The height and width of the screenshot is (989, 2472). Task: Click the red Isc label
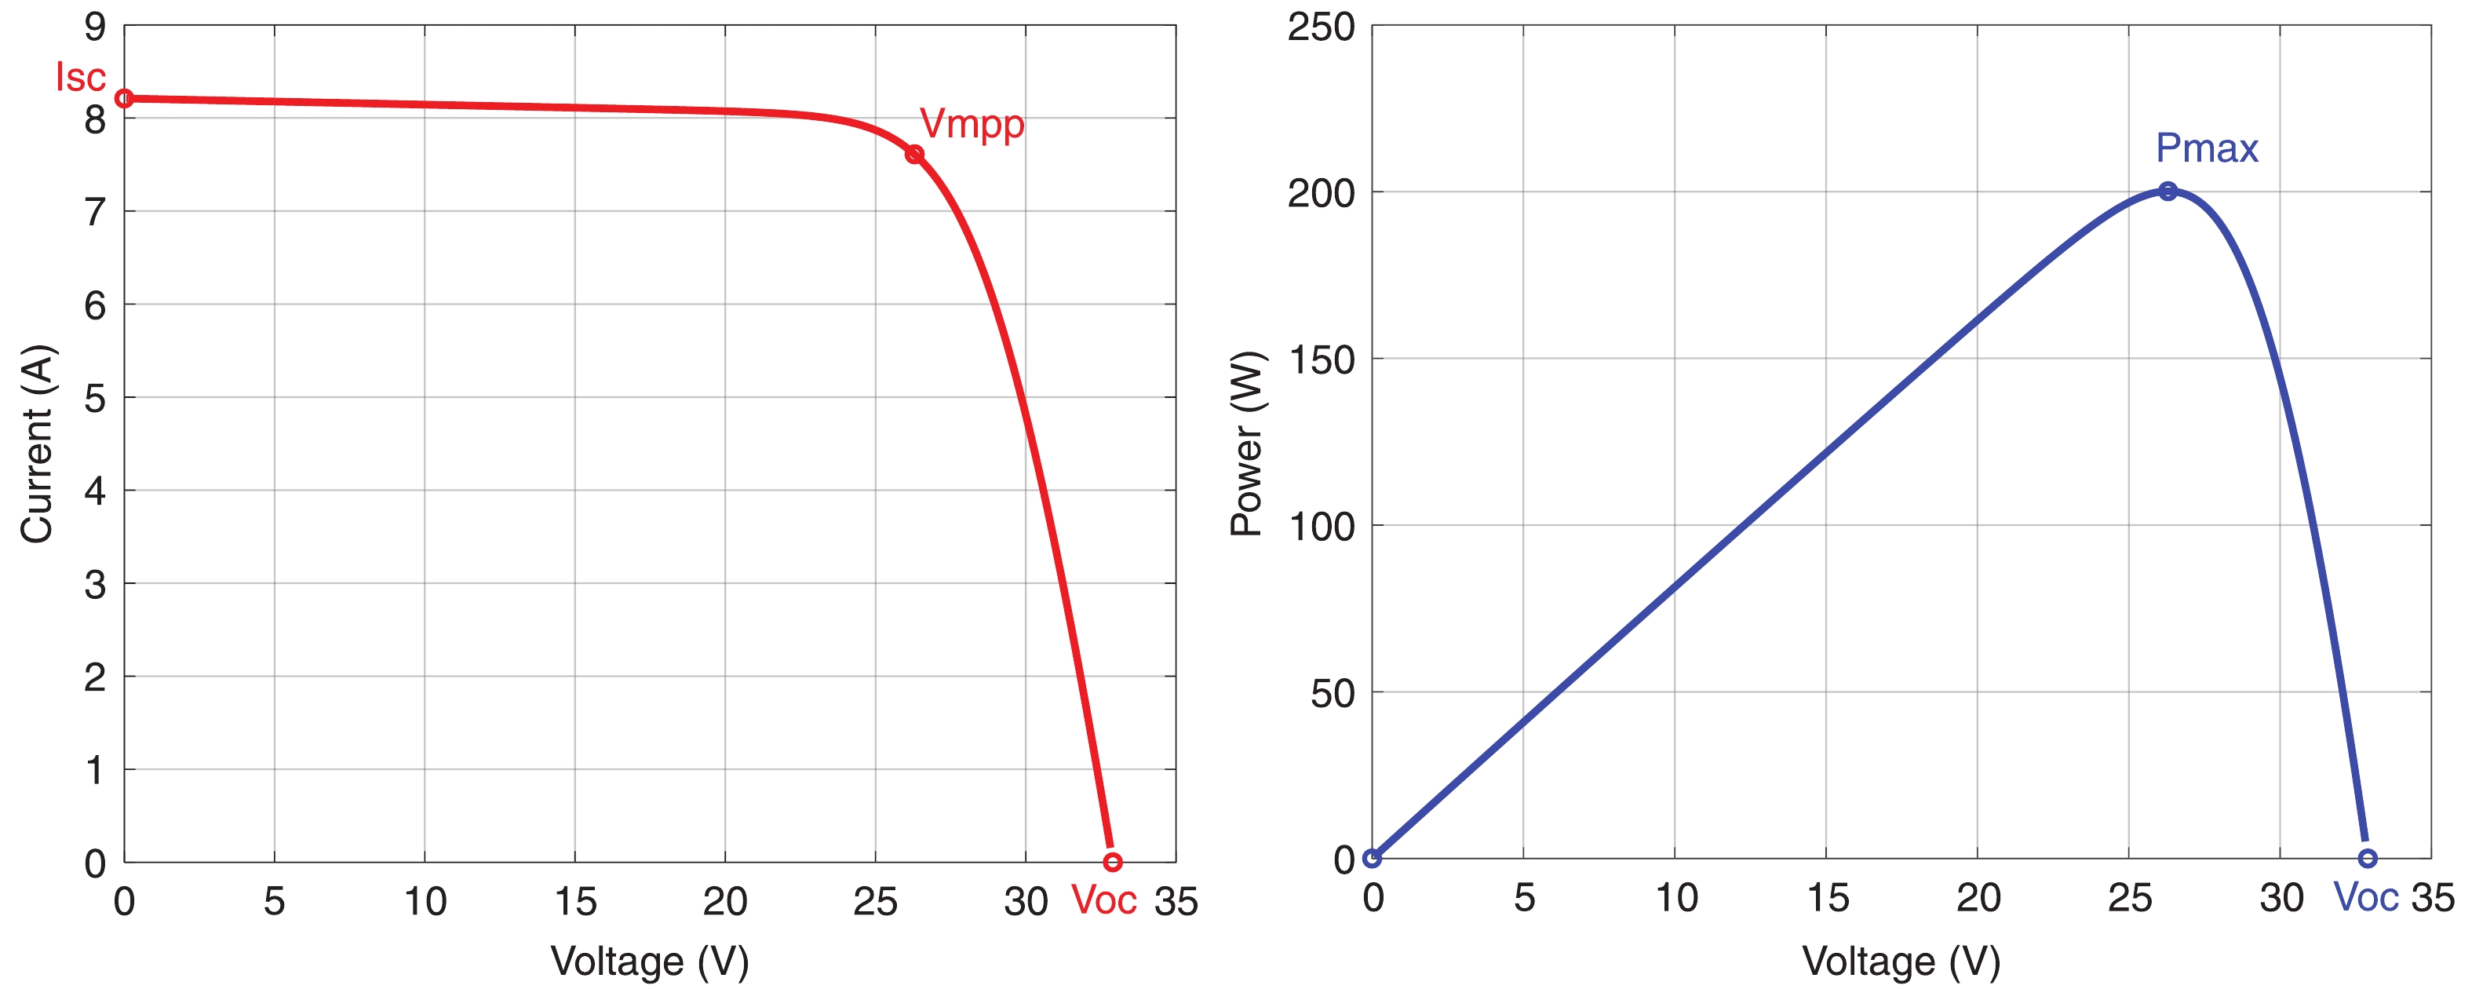point(81,77)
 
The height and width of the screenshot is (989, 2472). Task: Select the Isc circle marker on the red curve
point(124,98)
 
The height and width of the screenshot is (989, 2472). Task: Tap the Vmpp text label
point(972,124)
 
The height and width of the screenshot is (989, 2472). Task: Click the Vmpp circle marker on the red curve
point(914,155)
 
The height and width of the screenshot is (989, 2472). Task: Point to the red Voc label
point(1103,900)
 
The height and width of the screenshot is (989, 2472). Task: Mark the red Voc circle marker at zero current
point(1112,863)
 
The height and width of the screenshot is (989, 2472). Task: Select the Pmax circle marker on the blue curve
point(2168,191)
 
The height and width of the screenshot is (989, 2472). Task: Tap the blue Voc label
point(2365,898)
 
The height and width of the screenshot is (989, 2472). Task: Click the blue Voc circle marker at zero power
point(2368,859)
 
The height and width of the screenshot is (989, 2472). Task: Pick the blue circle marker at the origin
point(1373,859)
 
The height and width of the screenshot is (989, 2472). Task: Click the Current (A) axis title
point(38,443)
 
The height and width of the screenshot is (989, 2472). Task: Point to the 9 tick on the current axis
point(95,27)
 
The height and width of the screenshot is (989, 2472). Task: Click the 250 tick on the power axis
point(1321,27)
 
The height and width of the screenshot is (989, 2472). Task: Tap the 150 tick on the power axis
point(1321,360)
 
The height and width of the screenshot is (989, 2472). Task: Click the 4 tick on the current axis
point(95,491)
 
